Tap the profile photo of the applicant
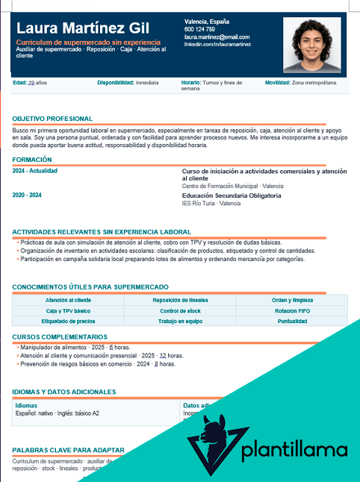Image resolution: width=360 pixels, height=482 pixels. [x=311, y=45]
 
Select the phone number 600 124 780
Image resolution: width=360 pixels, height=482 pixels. [x=199, y=29]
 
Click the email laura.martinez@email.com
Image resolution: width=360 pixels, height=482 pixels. [x=217, y=37]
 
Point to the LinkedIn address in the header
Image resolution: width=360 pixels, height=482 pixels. [x=217, y=45]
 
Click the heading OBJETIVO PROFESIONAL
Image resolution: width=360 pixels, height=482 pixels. [x=52, y=119]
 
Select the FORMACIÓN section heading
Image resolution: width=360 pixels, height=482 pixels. [x=32, y=160]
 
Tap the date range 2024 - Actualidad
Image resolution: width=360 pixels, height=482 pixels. [x=35, y=171]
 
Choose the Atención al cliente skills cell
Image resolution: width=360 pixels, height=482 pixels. [x=68, y=300]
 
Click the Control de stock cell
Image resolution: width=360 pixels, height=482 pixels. [x=180, y=310]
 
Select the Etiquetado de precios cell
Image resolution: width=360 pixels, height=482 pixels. [x=68, y=321]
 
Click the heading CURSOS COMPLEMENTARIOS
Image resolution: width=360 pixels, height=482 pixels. [x=60, y=337]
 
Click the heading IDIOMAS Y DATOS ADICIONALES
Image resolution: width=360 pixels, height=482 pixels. [x=64, y=392]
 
